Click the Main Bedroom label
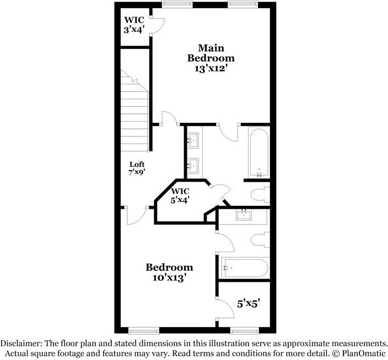click(211, 52)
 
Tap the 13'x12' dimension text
click(211, 69)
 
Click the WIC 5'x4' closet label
click(180, 196)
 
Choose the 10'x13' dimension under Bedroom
click(169, 278)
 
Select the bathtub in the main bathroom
click(258, 152)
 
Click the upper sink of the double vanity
click(192, 140)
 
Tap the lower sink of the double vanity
click(192, 164)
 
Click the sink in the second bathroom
click(244, 215)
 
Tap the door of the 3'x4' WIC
click(158, 25)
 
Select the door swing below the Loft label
click(136, 216)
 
